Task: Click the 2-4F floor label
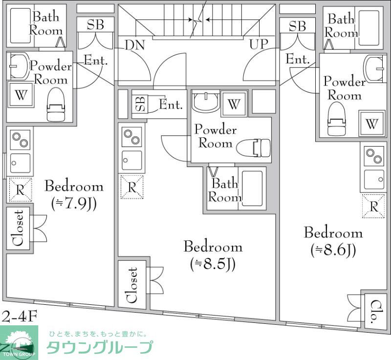20,317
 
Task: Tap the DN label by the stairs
134,45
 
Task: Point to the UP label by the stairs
259,44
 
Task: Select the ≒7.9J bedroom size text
74,203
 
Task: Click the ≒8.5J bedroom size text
213,264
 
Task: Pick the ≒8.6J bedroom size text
333,250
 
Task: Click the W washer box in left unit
20,95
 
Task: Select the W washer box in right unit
372,124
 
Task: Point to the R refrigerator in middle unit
132,187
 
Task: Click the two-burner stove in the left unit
20,140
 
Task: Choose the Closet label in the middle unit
132,285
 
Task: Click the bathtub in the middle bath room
252,188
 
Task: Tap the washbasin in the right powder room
375,68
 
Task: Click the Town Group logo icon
18,343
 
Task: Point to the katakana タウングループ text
99,347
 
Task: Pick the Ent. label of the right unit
298,60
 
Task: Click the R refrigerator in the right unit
374,206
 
